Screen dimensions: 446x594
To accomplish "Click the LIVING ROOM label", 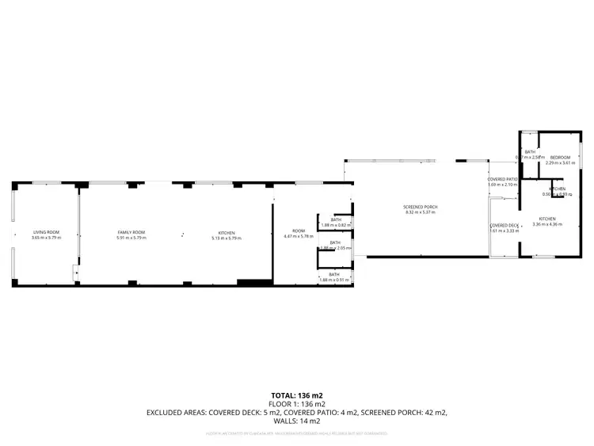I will [x=46, y=232].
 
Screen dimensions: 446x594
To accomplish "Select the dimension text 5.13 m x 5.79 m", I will [x=227, y=238].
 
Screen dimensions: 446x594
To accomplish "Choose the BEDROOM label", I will [x=562, y=158].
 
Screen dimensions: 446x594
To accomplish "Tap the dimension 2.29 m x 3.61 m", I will [x=562, y=163].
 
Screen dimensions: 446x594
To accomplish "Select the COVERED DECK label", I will [x=504, y=226].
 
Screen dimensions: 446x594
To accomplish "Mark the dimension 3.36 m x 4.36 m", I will [x=548, y=224].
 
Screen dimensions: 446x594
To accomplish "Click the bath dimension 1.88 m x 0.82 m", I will [x=334, y=225].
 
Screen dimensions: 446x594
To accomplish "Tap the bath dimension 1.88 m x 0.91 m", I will [x=334, y=280].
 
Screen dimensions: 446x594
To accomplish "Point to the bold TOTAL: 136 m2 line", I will [x=297, y=395].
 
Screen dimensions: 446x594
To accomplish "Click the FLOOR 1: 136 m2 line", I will [x=297, y=402].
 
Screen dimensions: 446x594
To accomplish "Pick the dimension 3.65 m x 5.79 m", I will [x=46, y=238].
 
